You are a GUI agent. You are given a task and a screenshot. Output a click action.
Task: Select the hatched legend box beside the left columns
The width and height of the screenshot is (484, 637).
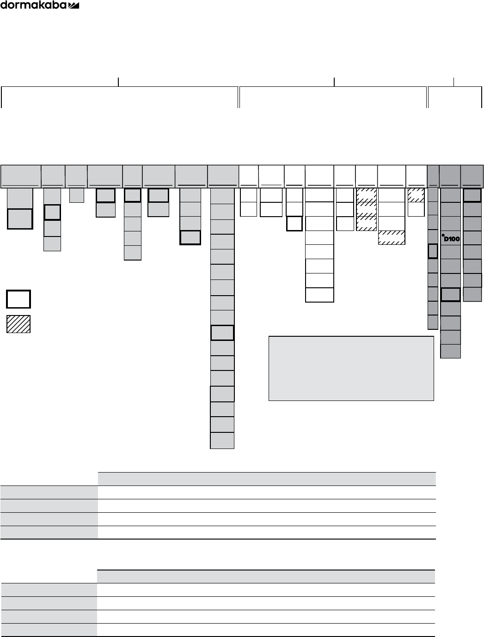[18, 324]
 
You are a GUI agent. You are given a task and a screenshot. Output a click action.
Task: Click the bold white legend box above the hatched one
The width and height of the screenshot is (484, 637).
[18, 299]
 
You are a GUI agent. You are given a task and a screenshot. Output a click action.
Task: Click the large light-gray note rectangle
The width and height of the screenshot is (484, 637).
[351, 368]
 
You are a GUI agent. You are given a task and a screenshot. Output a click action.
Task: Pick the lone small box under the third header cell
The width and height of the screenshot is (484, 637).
[76, 195]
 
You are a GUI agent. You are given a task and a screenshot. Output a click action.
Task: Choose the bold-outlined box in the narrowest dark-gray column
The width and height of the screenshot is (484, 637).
[433, 251]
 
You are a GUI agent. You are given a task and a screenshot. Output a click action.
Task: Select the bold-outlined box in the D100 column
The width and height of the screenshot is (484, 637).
[450, 294]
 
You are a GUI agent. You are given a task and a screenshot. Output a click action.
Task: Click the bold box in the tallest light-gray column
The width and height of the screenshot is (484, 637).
[222, 333]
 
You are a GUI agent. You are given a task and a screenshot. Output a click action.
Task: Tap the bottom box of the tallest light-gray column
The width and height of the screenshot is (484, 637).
[222, 441]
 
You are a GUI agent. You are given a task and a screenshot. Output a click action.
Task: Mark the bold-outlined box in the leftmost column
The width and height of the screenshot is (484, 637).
[20, 218]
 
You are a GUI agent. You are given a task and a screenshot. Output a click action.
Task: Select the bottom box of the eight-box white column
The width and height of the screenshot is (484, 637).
[319, 295]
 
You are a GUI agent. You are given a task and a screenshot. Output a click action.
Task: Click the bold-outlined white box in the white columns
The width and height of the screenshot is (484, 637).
[294, 224]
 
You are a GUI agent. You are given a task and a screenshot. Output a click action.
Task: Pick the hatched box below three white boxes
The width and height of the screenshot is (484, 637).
[392, 237]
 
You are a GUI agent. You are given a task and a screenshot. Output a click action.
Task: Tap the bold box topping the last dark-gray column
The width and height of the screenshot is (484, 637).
[472, 195]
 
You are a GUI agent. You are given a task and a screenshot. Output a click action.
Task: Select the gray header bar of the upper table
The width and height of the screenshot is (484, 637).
[266, 479]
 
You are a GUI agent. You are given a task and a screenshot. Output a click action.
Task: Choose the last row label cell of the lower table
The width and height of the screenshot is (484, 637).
[49, 630]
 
